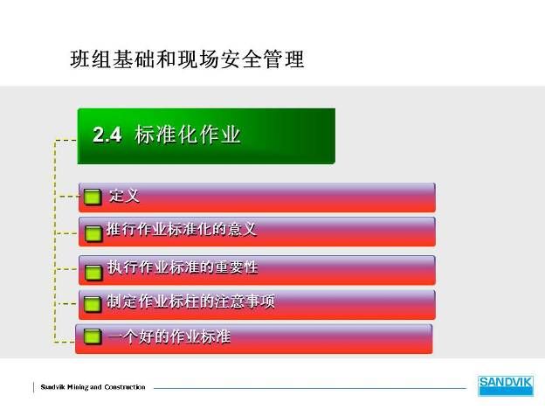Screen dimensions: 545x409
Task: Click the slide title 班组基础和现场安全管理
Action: [x=187, y=59]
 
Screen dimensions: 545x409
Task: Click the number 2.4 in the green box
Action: [x=107, y=135]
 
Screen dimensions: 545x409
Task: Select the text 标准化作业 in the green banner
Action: [x=187, y=135]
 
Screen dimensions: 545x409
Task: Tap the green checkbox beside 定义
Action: [x=93, y=197]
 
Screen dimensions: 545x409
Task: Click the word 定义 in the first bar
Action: [x=124, y=196]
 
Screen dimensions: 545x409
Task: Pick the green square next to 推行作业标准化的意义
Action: [x=93, y=234]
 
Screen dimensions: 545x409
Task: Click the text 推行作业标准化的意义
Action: [x=182, y=230]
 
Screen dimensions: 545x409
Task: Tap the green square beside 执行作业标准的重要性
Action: [x=93, y=273]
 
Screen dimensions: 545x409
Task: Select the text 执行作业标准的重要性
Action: [x=183, y=267]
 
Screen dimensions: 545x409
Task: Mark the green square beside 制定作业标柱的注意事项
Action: [x=93, y=305]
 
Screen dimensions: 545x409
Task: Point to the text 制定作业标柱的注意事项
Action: [x=190, y=302]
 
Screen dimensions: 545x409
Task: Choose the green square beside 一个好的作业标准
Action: [x=93, y=336]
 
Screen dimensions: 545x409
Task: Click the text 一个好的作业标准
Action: [x=169, y=336]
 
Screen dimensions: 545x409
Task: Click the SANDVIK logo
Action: [x=506, y=385]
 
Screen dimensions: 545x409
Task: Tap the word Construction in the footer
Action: [x=125, y=387]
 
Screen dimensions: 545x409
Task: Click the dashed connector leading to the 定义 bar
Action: [x=68, y=197]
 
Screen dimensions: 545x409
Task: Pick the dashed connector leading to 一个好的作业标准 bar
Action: [x=65, y=342]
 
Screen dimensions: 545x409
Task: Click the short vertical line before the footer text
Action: [x=34, y=387]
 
